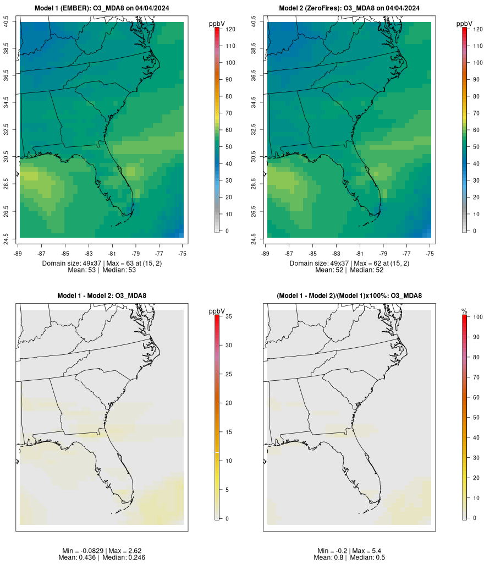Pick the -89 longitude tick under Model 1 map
(x=20, y=254)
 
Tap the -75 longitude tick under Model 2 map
(x=430, y=254)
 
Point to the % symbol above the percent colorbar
(x=464, y=311)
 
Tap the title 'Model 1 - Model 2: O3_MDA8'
(x=102, y=296)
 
